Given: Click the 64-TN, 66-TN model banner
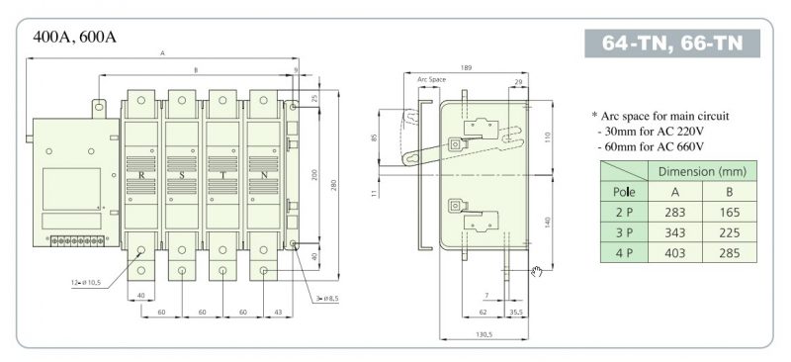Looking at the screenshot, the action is (x=672, y=44).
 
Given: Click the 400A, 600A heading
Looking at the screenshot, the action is (x=75, y=37).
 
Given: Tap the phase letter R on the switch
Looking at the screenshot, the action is (x=141, y=176).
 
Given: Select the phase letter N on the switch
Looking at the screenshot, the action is (x=263, y=176).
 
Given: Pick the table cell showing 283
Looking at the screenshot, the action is (x=675, y=212).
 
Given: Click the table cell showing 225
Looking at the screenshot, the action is (x=730, y=232).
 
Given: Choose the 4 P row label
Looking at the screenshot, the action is (x=624, y=253).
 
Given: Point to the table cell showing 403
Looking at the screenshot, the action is (x=675, y=253).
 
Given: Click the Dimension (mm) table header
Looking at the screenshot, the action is (x=702, y=172).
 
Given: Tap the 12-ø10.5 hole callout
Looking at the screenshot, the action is (x=86, y=283).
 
